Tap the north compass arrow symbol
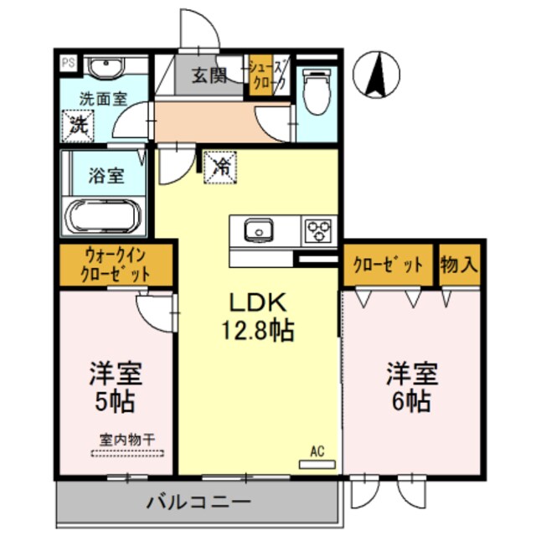(376, 74)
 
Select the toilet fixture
(317, 92)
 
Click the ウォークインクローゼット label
(116, 265)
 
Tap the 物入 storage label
(459, 265)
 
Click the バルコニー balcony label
(198, 503)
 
